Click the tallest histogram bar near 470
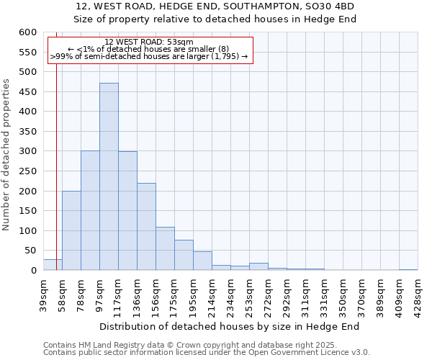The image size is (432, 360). click(109, 176)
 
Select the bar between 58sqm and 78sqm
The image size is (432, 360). click(71, 230)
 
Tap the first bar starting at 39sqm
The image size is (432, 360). click(53, 265)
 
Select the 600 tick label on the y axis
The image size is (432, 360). click(27, 32)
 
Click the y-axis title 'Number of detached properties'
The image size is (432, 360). click(6, 156)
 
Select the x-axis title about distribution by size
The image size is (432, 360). click(229, 326)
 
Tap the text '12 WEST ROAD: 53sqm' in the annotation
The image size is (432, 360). click(148, 42)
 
